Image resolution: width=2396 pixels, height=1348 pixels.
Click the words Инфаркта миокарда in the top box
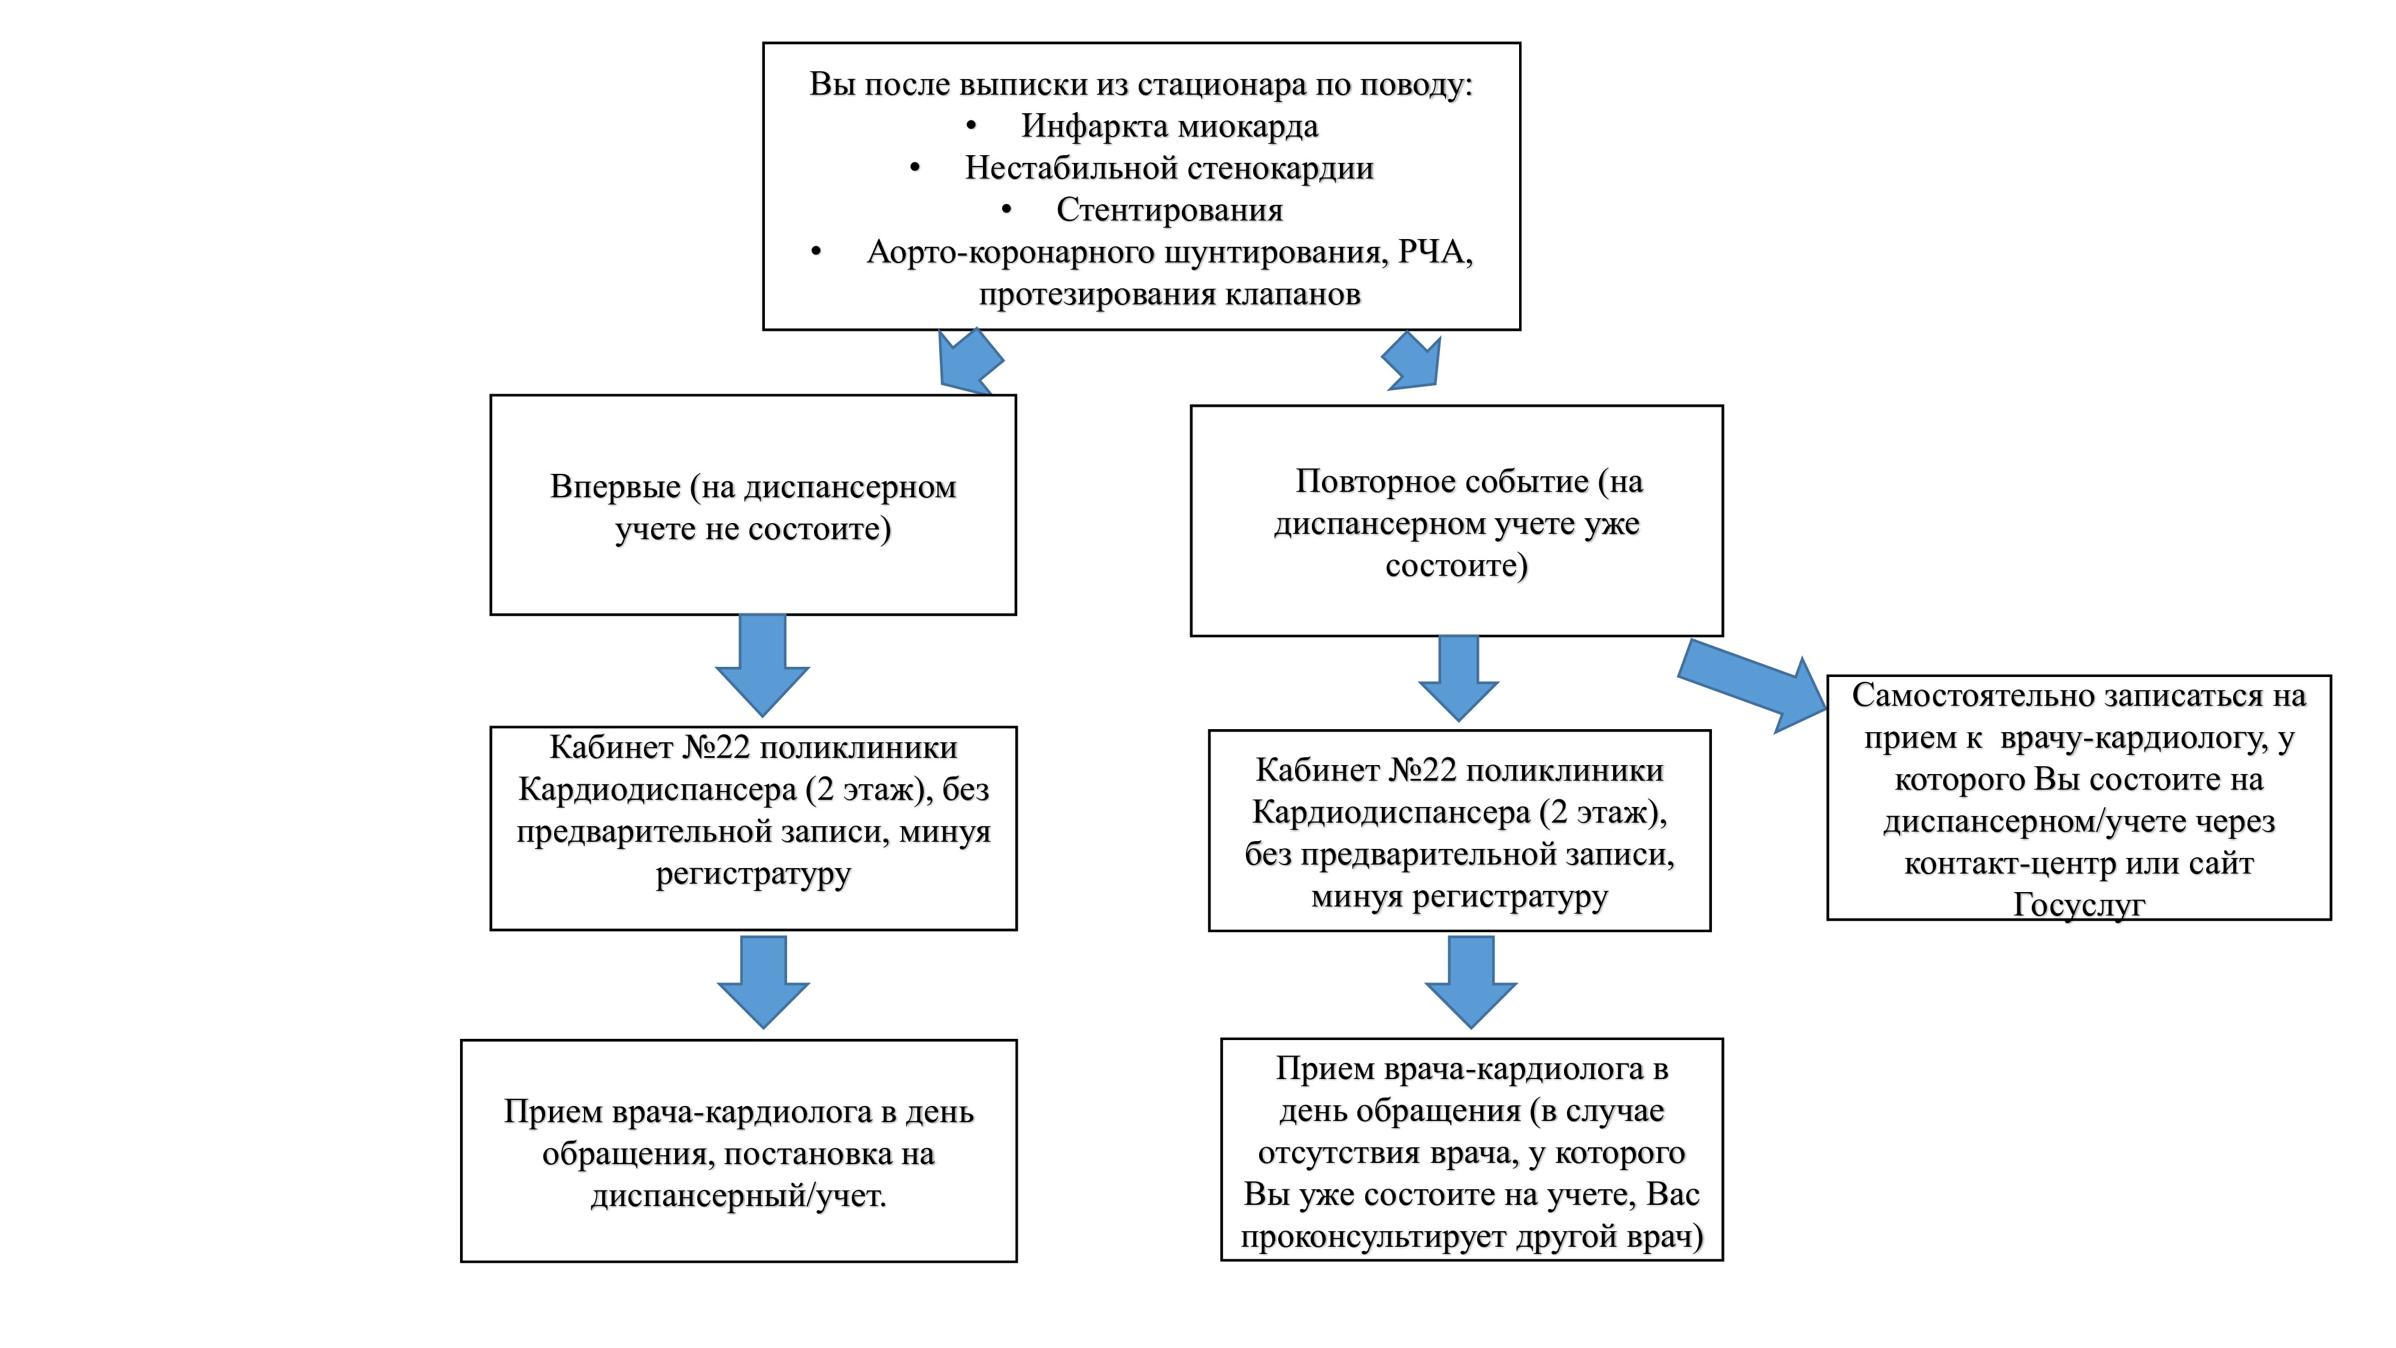1169,126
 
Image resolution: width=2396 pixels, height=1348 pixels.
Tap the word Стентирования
1169,210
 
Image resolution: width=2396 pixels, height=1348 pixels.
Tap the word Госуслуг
2079,904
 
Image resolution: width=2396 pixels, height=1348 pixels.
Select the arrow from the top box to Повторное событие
1414,361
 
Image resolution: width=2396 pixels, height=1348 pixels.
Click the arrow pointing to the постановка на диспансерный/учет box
763,981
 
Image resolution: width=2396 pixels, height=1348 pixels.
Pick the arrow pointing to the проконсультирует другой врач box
1471,981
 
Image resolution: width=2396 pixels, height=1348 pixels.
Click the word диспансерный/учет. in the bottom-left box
739,1195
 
